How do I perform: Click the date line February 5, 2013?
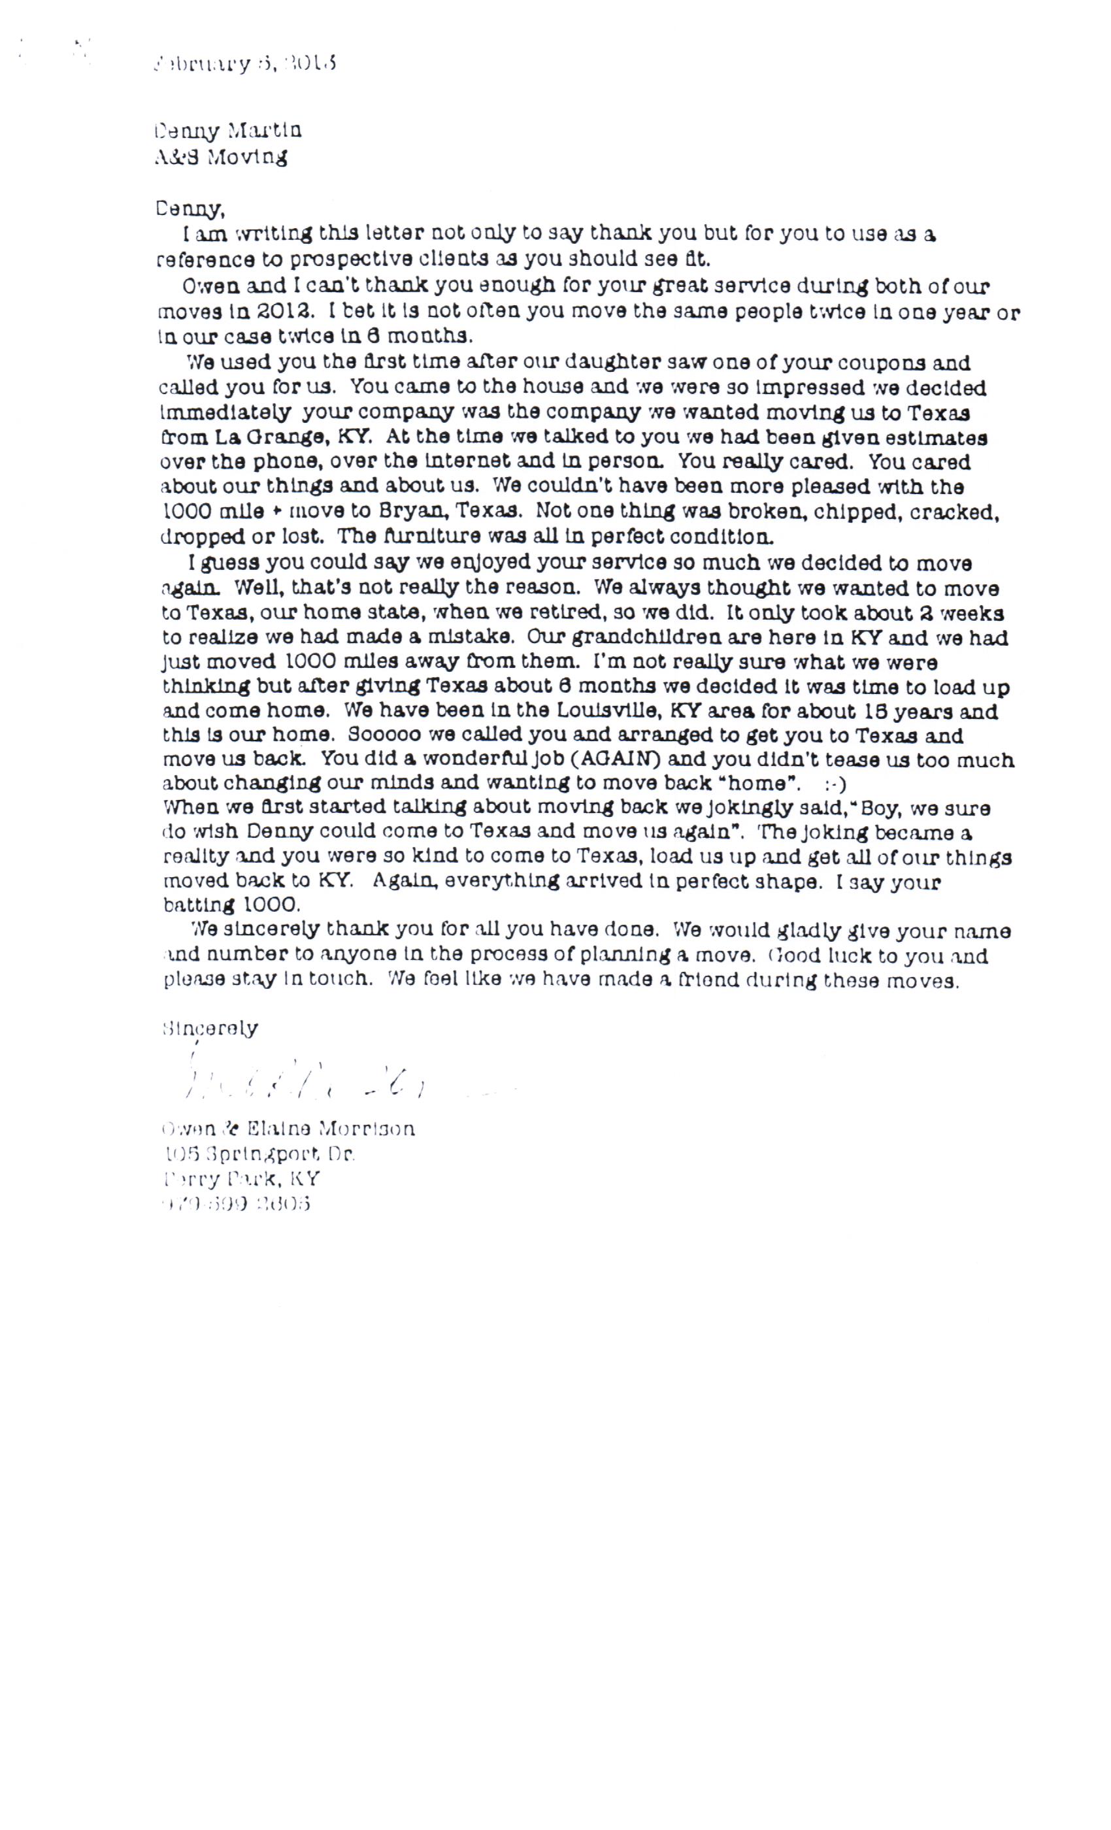coord(245,64)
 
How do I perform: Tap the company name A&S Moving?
coord(221,157)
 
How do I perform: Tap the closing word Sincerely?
coord(210,1029)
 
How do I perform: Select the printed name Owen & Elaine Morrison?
coord(288,1129)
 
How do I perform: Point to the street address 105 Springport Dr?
coord(259,1154)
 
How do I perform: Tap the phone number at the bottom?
coord(235,1203)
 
